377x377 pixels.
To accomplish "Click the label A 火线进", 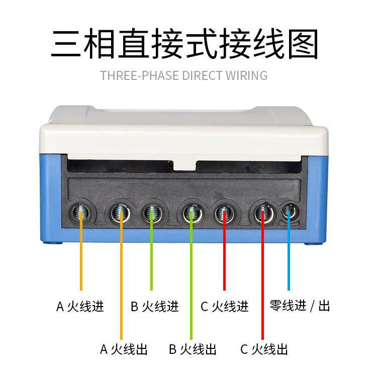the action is [80, 306].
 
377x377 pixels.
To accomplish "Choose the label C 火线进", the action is [225, 306].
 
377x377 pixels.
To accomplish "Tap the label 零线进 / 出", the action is [300, 306].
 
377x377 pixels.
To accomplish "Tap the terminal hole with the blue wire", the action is [289, 213].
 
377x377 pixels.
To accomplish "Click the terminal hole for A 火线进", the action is [80, 214].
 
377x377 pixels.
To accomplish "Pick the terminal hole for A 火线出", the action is [121, 214].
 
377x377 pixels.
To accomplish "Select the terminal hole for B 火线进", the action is [151, 214].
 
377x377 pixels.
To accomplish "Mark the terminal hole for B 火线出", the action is [191, 214].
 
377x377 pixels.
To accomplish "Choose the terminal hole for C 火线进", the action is [224, 214].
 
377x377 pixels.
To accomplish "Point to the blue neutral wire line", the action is [289, 256].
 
